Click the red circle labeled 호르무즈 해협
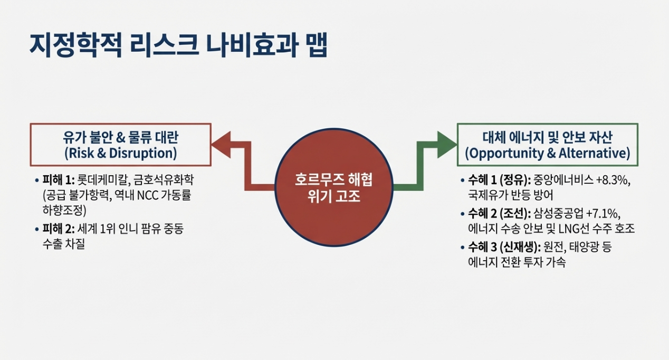pyautogui.click(x=333, y=187)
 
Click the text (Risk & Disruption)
pyautogui.click(x=120, y=153)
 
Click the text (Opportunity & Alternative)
pyautogui.click(x=547, y=153)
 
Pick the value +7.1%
pyautogui.click(x=603, y=214)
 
